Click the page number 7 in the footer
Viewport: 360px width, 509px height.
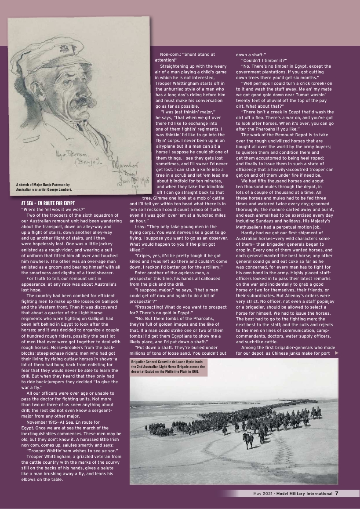[x=336, y=493]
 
